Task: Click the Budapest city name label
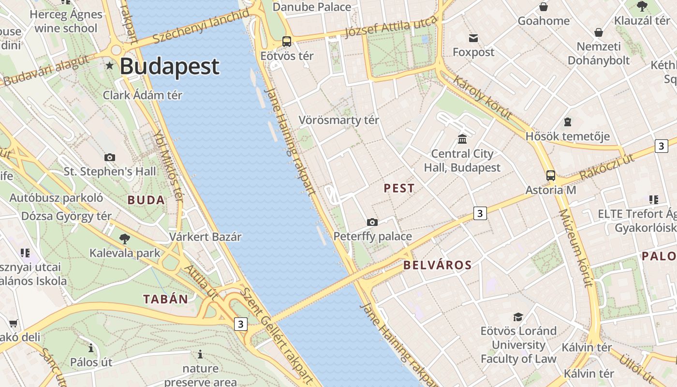(169, 66)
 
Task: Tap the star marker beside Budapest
(110, 65)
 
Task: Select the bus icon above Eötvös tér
(287, 42)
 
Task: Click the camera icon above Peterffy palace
(372, 222)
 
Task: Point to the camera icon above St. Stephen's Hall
(110, 157)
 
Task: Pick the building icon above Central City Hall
(462, 139)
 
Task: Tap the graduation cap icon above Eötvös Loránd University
(518, 317)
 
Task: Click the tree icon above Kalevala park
(124, 238)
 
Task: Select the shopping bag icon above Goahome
(544, 7)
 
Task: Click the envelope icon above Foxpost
(473, 38)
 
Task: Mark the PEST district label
(399, 188)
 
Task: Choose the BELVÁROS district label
(437, 265)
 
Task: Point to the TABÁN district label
(165, 299)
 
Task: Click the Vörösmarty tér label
(338, 120)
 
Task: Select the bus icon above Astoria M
(550, 176)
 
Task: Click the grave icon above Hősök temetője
(567, 122)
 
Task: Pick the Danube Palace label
(312, 7)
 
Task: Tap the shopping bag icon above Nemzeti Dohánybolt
(599, 32)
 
